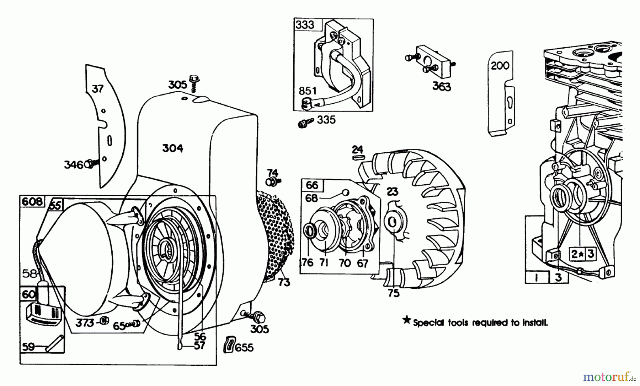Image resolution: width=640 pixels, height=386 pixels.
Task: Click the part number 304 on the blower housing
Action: [172, 148]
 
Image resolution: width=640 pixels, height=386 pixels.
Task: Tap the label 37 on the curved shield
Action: [97, 89]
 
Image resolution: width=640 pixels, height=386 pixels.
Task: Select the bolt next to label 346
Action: [89, 164]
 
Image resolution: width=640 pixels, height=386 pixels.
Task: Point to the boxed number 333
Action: [305, 25]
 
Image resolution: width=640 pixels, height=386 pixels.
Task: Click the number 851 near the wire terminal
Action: [308, 91]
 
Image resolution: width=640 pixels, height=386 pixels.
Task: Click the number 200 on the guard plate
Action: [500, 66]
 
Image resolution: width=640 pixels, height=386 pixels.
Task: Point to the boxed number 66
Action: [312, 185]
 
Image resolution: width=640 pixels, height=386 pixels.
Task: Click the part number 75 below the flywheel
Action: [394, 293]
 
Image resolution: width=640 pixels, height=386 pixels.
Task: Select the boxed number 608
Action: [32, 201]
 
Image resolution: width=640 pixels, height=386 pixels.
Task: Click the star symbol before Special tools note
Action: [406, 321]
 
